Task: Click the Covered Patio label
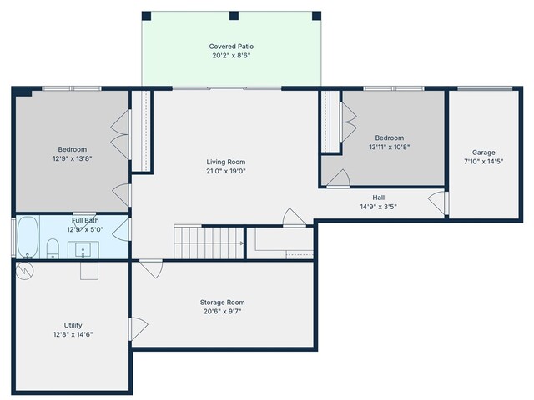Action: click(x=231, y=47)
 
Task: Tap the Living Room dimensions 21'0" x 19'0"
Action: click(x=226, y=171)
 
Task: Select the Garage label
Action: click(x=484, y=152)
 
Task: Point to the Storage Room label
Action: click(x=223, y=302)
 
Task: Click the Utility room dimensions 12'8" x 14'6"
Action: click(x=73, y=334)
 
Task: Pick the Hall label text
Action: click(x=378, y=197)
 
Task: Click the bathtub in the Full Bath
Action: click(x=28, y=237)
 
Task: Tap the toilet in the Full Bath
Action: click(x=53, y=248)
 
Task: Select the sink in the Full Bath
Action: click(x=83, y=250)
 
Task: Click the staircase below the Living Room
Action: click(x=209, y=242)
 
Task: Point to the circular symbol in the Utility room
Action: click(x=25, y=271)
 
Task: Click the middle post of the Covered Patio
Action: click(x=234, y=16)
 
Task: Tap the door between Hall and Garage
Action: click(x=438, y=203)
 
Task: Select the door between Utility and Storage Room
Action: click(x=137, y=329)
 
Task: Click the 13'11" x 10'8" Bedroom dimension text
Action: click(x=390, y=147)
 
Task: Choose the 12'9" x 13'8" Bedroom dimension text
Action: click(x=73, y=158)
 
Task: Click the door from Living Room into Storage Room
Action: click(x=151, y=268)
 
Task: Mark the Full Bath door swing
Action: click(x=122, y=229)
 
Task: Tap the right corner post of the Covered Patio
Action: click(x=316, y=16)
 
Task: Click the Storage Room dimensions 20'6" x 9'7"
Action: click(x=223, y=311)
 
